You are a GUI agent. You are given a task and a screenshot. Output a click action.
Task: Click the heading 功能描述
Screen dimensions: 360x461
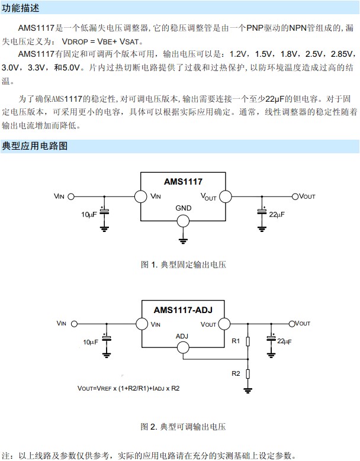coord(20,8)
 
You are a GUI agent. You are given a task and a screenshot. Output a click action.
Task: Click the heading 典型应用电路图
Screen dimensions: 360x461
coord(35,146)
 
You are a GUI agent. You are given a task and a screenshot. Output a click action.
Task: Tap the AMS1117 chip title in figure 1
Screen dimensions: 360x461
coord(183,182)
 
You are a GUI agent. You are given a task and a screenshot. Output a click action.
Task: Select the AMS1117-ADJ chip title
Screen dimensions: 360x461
coord(183,310)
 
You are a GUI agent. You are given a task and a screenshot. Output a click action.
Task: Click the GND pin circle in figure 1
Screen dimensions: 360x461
coord(183,221)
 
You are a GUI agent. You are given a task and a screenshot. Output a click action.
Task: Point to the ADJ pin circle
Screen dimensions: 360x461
coord(183,348)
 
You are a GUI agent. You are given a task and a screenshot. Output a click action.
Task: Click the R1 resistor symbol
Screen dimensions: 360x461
coord(248,341)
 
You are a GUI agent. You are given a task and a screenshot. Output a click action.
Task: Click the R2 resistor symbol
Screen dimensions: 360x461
coord(248,373)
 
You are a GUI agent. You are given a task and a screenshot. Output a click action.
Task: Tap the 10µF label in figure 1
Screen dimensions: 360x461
coord(89,215)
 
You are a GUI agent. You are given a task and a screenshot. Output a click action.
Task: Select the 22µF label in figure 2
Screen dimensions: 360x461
coord(284,341)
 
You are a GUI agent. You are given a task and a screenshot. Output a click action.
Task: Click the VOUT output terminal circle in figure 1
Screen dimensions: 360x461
coord(295,196)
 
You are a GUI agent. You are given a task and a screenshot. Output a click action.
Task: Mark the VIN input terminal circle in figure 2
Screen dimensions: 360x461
coord(75,324)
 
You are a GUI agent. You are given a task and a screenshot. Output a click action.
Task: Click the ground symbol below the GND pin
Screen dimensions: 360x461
coord(183,241)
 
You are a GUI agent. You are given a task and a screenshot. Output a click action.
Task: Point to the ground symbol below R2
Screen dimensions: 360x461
coord(248,391)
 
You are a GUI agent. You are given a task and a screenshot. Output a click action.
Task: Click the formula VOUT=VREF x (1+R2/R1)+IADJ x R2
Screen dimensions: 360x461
coord(128,388)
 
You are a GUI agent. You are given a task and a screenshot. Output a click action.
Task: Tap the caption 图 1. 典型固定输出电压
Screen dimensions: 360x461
coord(184,265)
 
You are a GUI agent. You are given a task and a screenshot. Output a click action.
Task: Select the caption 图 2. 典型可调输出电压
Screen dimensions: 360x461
coord(183,427)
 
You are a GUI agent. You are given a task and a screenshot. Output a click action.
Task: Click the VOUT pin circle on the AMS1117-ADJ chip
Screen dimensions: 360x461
coord(224,324)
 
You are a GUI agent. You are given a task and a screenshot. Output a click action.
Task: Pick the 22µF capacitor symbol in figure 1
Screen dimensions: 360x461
coord(262,211)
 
